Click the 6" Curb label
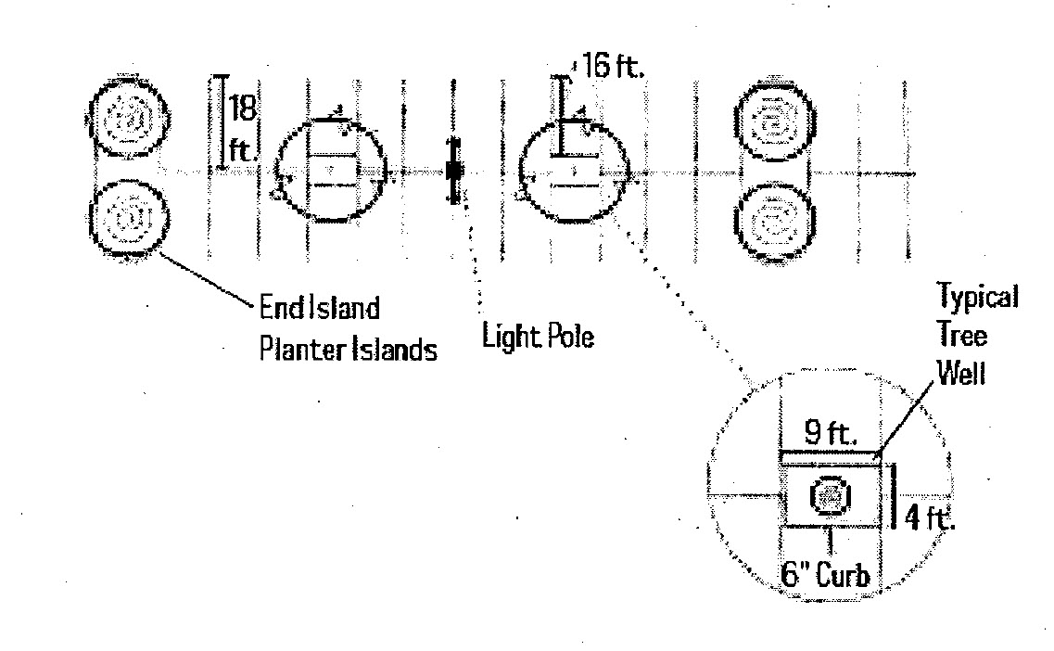(x=824, y=575)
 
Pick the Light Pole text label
(x=538, y=336)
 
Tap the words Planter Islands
(x=349, y=351)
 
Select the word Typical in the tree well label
(x=977, y=298)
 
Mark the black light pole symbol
(x=454, y=171)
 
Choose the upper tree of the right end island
(x=771, y=122)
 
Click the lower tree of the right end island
(x=771, y=223)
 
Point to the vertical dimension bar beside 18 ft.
(x=222, y=122)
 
